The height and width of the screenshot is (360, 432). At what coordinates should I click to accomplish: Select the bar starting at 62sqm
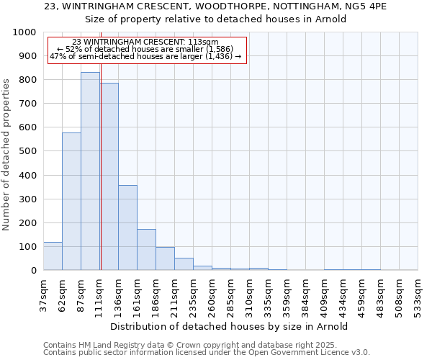pos(71,202)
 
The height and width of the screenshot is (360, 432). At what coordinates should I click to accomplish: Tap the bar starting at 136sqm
pos(127,228)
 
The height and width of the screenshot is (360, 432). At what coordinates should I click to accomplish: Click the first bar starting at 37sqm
pos(53,256)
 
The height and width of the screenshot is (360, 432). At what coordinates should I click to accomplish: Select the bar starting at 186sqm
pos(165,258)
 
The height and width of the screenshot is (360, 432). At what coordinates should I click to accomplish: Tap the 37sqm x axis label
pos(43,290)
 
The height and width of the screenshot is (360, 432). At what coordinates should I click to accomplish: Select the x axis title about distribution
pos(230,326)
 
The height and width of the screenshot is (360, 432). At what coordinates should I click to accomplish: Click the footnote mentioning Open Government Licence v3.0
pos(207,353)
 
